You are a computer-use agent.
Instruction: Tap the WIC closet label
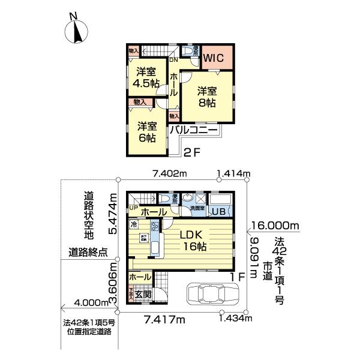tap(213, 58)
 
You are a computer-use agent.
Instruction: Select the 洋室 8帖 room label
tap(207, 97)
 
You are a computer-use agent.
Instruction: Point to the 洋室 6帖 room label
tap(146, 132)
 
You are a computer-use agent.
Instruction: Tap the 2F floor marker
tap(191, 152)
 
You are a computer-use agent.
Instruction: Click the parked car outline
tap(213, 295)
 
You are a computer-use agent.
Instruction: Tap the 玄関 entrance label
tap(143, 294)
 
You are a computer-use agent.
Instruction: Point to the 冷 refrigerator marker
tap(133, 225)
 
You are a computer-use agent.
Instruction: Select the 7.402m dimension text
tap(170, 174)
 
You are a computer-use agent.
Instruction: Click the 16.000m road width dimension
tap(275, 226)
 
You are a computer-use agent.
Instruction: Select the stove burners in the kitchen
tap(154, 226)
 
